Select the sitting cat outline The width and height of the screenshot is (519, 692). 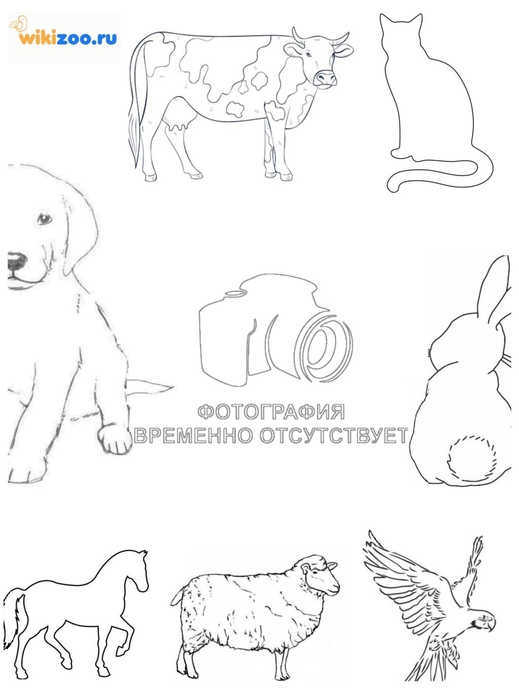(x=438, y=104)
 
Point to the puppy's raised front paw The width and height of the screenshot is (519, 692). (x=114, y=438)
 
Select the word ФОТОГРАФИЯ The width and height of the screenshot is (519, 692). (x=271, y=412)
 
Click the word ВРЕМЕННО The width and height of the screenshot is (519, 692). (x=194, y=435)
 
